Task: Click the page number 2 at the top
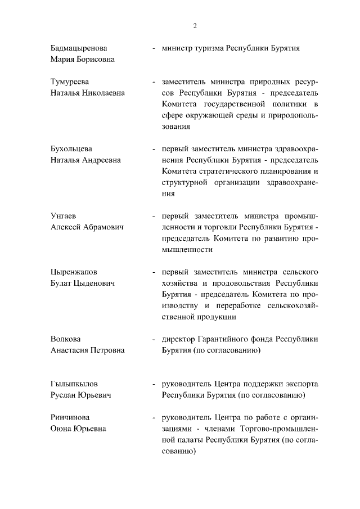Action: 195,25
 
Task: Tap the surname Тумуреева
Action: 70,82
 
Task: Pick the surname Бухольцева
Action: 71,149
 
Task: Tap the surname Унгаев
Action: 63,216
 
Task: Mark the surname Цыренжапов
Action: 74,272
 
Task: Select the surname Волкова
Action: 65,339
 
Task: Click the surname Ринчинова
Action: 70,418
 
